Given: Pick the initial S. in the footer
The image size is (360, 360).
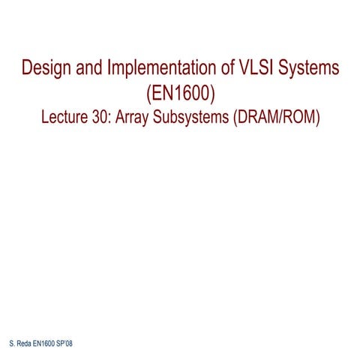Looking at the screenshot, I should pos(10,342).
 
